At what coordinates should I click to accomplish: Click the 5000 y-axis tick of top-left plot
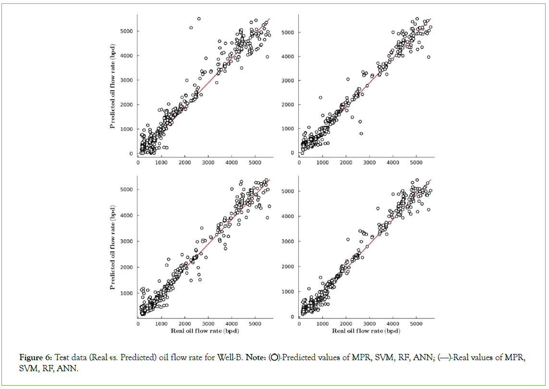click(x=128, y=31)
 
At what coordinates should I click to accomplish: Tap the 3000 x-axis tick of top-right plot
click(x=369, y=162)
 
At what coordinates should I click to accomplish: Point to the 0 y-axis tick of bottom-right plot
click(x=292, y=317)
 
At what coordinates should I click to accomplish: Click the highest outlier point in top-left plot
click(x=199, y=19)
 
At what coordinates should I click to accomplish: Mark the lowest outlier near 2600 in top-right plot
click(x=361, y=134)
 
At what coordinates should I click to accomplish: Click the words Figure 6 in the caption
click(x=36, y=357)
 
